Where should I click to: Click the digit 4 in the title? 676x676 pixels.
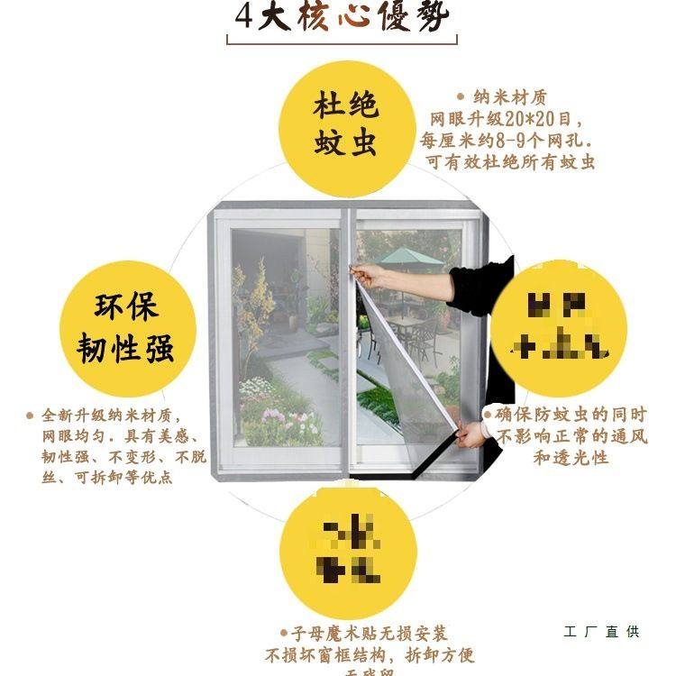(x=242, y=19)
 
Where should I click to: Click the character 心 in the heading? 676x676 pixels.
(x=346, y=19)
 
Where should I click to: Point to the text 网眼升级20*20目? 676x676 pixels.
(x=507, y=119)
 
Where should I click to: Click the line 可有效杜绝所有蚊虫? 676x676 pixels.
(x=510, y=162)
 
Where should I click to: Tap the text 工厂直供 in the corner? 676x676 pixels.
(x=601, y=632)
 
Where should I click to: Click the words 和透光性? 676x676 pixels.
(x=571, y=458)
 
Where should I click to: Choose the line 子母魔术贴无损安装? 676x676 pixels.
(x=363, y=634)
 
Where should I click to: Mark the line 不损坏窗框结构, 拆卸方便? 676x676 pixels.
(x=370, y=654)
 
